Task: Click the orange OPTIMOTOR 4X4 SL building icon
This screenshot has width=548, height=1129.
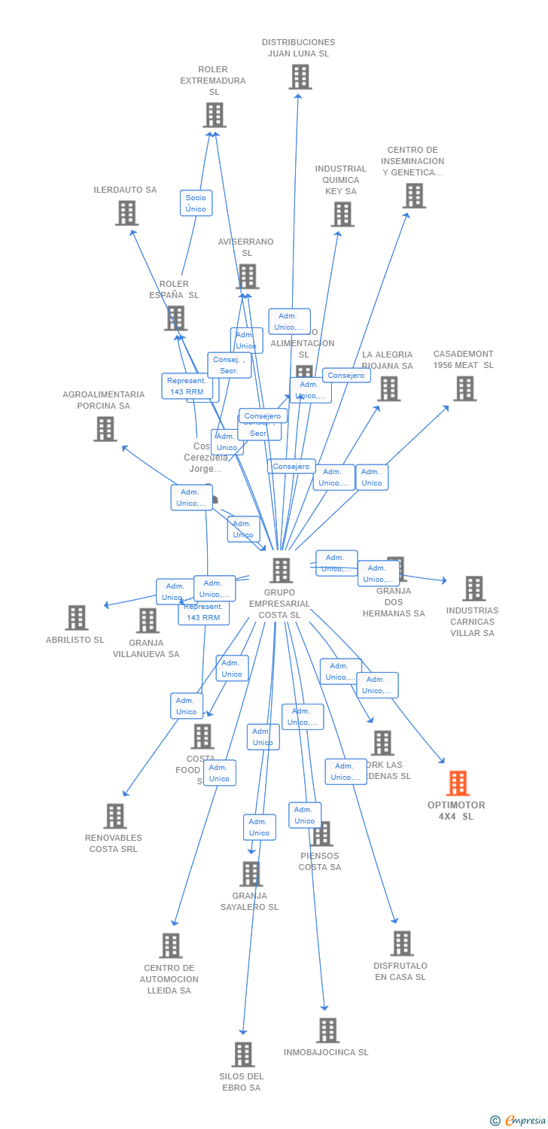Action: point(458,784)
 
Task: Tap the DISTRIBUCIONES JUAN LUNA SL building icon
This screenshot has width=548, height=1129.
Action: point(300,77)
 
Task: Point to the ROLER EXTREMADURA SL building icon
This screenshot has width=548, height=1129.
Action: point(215,115)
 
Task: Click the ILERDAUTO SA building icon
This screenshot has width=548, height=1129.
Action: point(126,213)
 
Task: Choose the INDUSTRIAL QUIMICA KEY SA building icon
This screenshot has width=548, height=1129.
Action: point(342,215)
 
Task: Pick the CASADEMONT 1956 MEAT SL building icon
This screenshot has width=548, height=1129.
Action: point(464,388)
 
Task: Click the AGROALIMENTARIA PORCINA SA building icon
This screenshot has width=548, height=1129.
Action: point(105,429)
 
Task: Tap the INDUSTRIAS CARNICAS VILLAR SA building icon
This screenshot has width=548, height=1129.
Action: point(473,589)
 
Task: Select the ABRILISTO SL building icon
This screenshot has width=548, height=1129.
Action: point(76,618)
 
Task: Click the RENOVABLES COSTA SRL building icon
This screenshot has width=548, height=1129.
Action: point(114,816)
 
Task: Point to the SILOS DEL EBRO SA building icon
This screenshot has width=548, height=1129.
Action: point(242,1054)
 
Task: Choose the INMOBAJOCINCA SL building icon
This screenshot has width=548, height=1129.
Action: point(327,1030)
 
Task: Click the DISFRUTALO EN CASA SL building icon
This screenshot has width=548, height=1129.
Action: point(401,944)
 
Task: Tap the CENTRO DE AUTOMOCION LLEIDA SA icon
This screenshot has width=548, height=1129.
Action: point(171,946)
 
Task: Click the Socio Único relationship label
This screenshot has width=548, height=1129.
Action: point(196,203)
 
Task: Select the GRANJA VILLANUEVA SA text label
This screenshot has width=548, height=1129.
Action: point(146,649)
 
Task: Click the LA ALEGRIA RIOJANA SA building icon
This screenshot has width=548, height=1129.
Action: point(388,389)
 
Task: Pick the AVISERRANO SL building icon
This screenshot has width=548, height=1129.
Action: point(247,277)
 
